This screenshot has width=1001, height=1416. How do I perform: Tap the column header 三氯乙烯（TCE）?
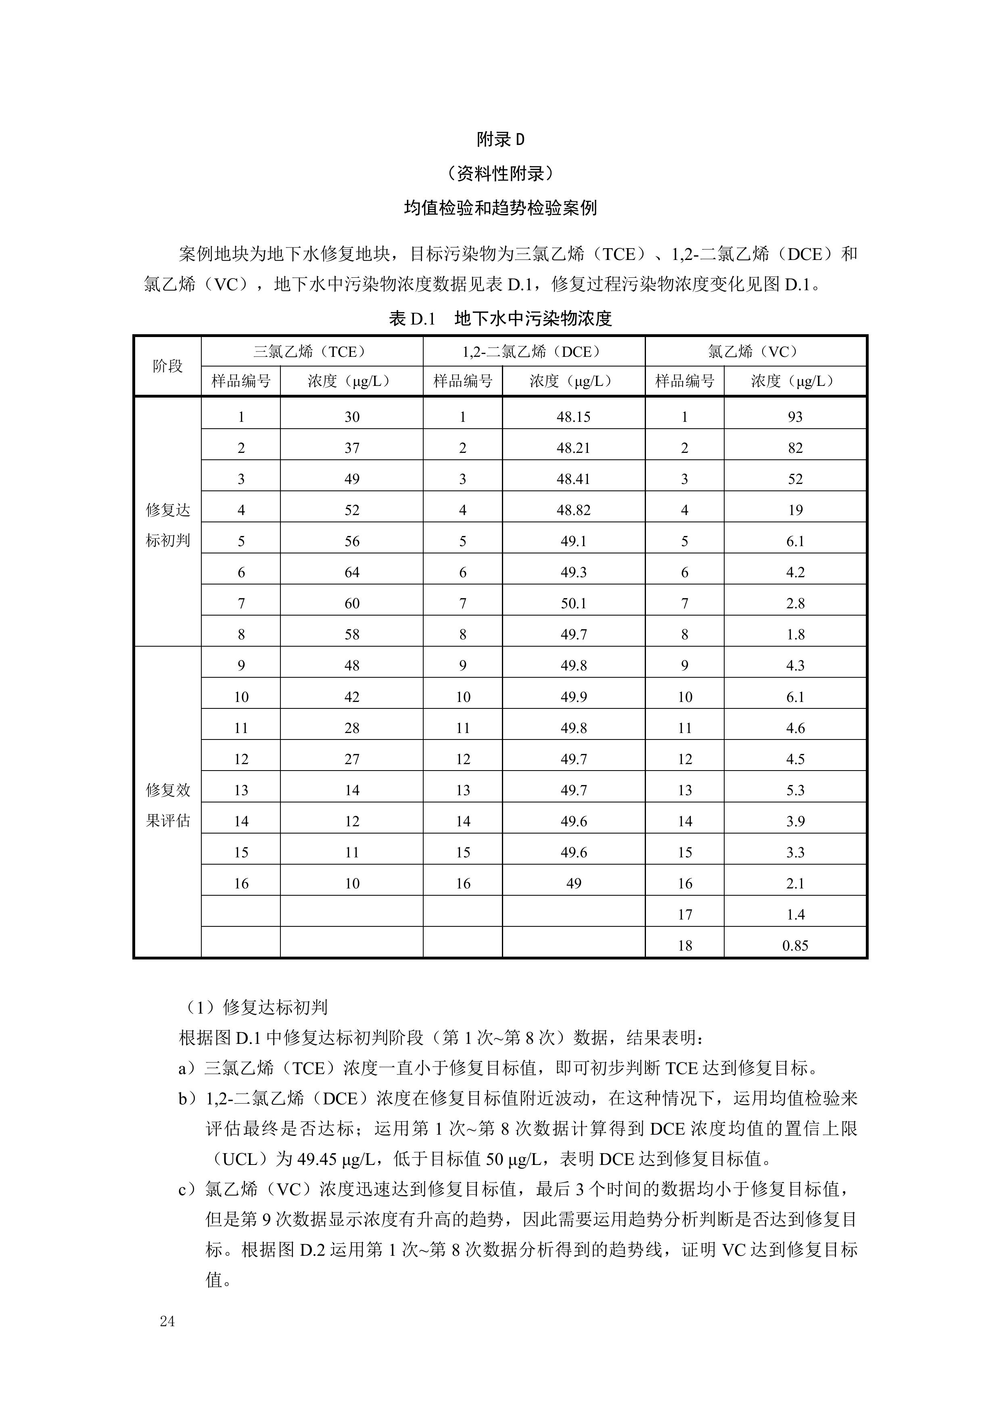(x=312, y=352)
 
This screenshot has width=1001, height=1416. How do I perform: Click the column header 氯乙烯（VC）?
(x=756, y=352)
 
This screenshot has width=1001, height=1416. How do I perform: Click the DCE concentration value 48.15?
(x=573, y=417)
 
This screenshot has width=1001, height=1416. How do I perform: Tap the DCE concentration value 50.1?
(x=573, y=603)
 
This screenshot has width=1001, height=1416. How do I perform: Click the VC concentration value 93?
(x=795, y=417)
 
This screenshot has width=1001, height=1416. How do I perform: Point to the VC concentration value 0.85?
(x=795, y=945)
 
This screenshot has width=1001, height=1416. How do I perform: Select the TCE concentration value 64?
(x=352, y=572)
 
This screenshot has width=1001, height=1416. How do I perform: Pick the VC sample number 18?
(x=685, y=945)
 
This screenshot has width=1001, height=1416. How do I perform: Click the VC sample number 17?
(x=685, y=915)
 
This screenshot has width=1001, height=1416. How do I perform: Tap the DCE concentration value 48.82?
(x=573, y=510)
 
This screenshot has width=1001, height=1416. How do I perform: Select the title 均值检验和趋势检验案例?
(x=500, y=208)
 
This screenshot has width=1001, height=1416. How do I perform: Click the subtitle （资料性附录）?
(x=500, y=174)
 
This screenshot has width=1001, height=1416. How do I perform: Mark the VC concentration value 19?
(x=795, y=510)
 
